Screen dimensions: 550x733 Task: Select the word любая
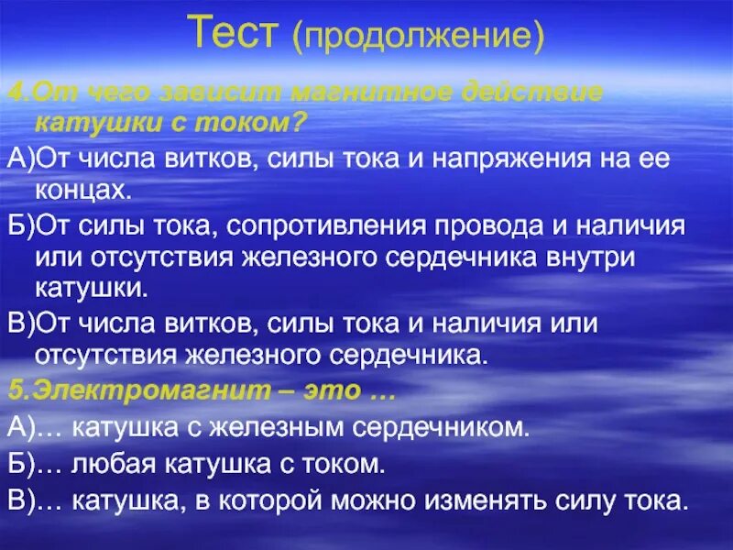pos(115,465)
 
